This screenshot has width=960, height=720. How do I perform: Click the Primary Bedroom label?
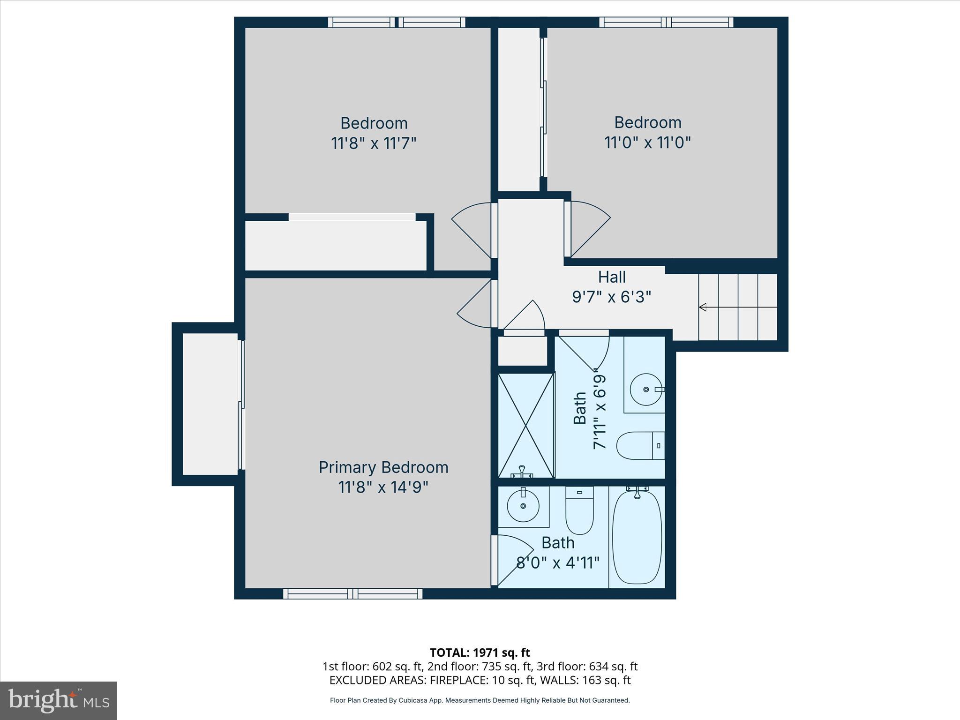tap(383, 467)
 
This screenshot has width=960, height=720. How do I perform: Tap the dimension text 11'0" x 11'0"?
tap(647, 142)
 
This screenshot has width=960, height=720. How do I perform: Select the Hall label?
tap(612, 277)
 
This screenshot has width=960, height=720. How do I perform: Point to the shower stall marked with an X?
tap(526, 426)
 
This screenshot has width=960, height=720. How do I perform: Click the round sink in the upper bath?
tap(646, 390)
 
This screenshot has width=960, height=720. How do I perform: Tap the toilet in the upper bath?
tap(639, 445)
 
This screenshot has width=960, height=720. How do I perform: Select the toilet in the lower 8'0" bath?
tap(579, 511)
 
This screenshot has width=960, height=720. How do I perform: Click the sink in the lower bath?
tap(523, 506)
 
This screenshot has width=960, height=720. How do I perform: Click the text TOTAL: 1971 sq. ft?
tap(480, 652)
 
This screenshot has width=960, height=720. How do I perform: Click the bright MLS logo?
tap(58, 701)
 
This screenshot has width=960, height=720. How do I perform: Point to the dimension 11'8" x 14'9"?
tap(383, 487)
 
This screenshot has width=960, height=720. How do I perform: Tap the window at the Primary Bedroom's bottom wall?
tap(352, 594)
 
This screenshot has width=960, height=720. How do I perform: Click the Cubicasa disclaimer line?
tap(480, 700)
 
